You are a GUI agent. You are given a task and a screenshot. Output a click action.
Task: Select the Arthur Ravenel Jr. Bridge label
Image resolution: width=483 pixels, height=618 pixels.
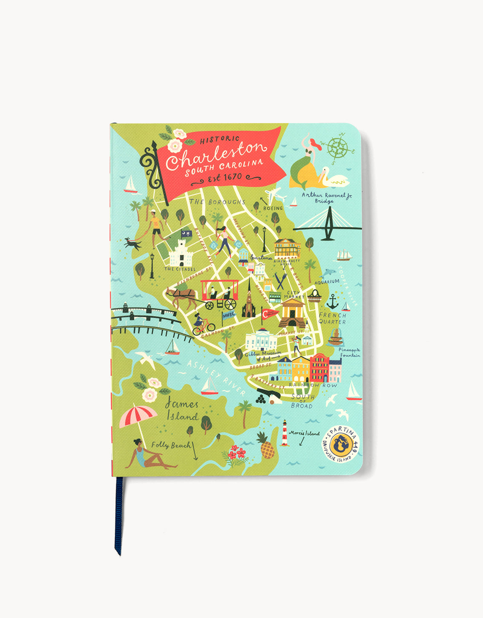click(327, 197)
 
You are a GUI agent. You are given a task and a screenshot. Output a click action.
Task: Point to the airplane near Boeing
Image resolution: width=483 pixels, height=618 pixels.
click(274, 196)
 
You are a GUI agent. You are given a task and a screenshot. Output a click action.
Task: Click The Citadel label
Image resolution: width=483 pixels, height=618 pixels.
click(180, 269)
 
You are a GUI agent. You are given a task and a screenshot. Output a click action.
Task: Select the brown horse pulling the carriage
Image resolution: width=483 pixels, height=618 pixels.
click(182, 295)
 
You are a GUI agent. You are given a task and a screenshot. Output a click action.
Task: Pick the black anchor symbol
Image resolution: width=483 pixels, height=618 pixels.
click(332, 301)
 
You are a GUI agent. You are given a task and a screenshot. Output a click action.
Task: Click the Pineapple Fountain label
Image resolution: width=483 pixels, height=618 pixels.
click(349, 352)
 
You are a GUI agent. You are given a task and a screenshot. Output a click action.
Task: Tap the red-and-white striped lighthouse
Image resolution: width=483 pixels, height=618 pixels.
click(285, 433)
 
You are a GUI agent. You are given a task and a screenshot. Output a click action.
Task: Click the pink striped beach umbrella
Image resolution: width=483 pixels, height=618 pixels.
click(138, 416)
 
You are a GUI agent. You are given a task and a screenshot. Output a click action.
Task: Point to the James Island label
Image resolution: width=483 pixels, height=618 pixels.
click(181, 410)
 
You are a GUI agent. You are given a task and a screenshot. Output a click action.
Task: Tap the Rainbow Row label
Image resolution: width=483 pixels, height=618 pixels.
click(313, 385)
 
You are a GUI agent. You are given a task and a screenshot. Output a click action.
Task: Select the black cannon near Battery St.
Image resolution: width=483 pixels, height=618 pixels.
click(269, 398)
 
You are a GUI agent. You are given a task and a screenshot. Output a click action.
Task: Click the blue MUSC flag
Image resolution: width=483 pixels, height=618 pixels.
click(229, 315)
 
